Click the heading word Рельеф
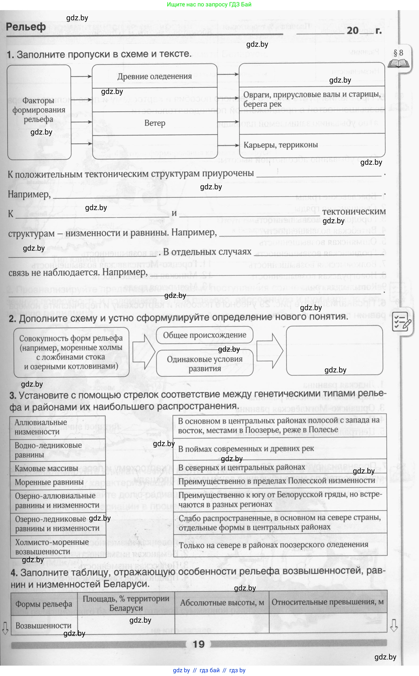[x=26, y=27]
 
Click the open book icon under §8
[x=398, y=64]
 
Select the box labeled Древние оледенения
[x=154, y=76]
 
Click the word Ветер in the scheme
[x=155, y=123]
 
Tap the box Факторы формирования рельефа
[x=39, y=110]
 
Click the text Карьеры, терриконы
[x=280, y=145]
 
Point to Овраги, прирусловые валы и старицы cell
[x=312, y=99]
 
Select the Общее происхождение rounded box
[x=205, y=335]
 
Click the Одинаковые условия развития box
[x=205, y=363]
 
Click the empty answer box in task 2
[x=334, y=351]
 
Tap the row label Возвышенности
[x=44, y=625]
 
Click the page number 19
[x=199, y=644]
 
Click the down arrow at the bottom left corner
[x=5, y=628]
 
